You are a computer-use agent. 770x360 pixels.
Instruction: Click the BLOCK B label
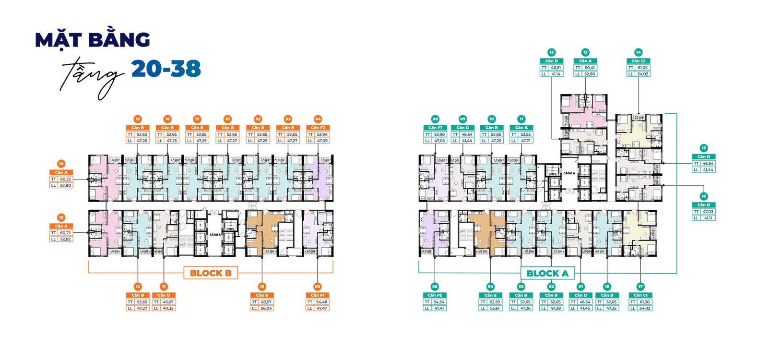[211, 273]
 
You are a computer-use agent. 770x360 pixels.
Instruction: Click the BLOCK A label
[547, 274]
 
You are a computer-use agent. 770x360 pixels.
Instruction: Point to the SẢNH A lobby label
[569, 173]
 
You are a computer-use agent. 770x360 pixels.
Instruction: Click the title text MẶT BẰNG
[93, 41]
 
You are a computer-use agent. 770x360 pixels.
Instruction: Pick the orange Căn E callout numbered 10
[262, 301]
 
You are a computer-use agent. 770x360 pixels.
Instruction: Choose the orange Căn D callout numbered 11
[164, 301]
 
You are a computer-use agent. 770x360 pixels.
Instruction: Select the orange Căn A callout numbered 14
[61, 178]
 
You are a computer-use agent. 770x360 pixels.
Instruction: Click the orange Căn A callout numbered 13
[61, 232]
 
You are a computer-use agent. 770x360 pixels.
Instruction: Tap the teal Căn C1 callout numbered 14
[638, 67]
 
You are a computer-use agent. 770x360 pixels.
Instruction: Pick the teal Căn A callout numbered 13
[585, 67]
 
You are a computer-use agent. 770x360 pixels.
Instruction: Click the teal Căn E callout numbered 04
[490, 301]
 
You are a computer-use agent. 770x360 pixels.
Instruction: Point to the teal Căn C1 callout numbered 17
[640, 301]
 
